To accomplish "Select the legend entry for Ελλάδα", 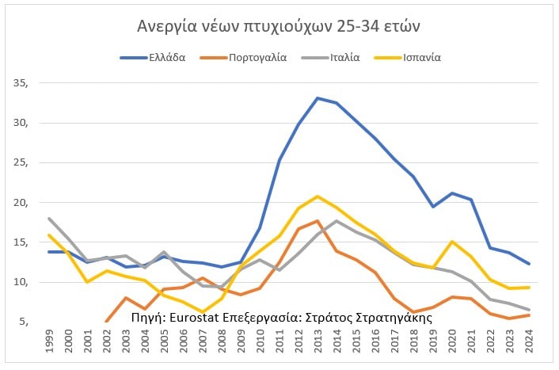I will tap(166, 57).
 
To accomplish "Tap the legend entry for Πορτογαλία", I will tap(258, 57).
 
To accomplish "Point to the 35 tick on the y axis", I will tap(21, 83).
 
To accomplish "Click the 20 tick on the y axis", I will tap(21, 203).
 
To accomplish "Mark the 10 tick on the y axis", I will tap(21, 283).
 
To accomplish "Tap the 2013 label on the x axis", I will tap(318, 343).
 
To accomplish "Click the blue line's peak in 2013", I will tap(318, 98).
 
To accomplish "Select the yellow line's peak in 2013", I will tap(318, 196).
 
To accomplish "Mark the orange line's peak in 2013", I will tap(318, 221).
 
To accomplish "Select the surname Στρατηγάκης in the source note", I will tap(395, 317).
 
